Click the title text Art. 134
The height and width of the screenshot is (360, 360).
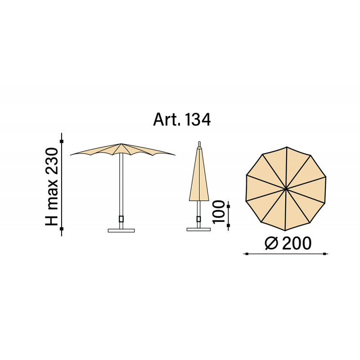(182, 120)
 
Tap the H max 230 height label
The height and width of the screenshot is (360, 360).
(52, 187)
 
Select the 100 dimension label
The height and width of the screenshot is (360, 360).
(218, 211)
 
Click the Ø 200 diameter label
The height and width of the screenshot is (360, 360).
(288, 243)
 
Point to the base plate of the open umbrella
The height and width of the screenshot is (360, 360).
(121, 230)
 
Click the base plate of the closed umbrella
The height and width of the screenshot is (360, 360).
(198, 229)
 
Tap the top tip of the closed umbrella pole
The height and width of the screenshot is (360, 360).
(199, 142)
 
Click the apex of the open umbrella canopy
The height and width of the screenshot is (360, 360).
(121, 144)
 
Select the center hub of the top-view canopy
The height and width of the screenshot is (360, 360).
(286, 189)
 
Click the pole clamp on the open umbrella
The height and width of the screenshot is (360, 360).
(121, 219)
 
